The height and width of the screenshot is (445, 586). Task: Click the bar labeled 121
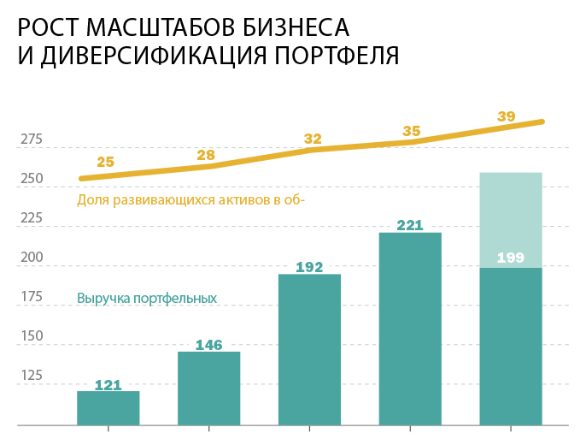(108, 408)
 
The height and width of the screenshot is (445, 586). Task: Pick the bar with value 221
(410, 329)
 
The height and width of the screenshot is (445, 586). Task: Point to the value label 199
(511, 257)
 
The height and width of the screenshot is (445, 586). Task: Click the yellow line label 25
(106, 161)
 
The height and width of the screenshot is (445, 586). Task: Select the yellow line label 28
(206, 155)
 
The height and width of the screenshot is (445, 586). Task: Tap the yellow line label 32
(313, 139)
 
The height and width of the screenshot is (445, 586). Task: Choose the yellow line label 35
(412, 131)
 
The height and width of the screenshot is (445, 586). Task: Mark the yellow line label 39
(507, 116)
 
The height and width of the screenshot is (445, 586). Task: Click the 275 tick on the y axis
(32, 139)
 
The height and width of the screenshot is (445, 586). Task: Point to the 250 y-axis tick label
(32, 179)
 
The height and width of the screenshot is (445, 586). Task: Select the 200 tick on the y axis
(32, 258)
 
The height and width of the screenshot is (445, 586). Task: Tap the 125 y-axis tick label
(32, 375)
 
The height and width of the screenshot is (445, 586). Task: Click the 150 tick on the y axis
(32, 335)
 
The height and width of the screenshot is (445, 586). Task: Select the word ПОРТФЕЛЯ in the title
(336, 56)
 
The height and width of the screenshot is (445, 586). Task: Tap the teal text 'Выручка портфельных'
(147, 299)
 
